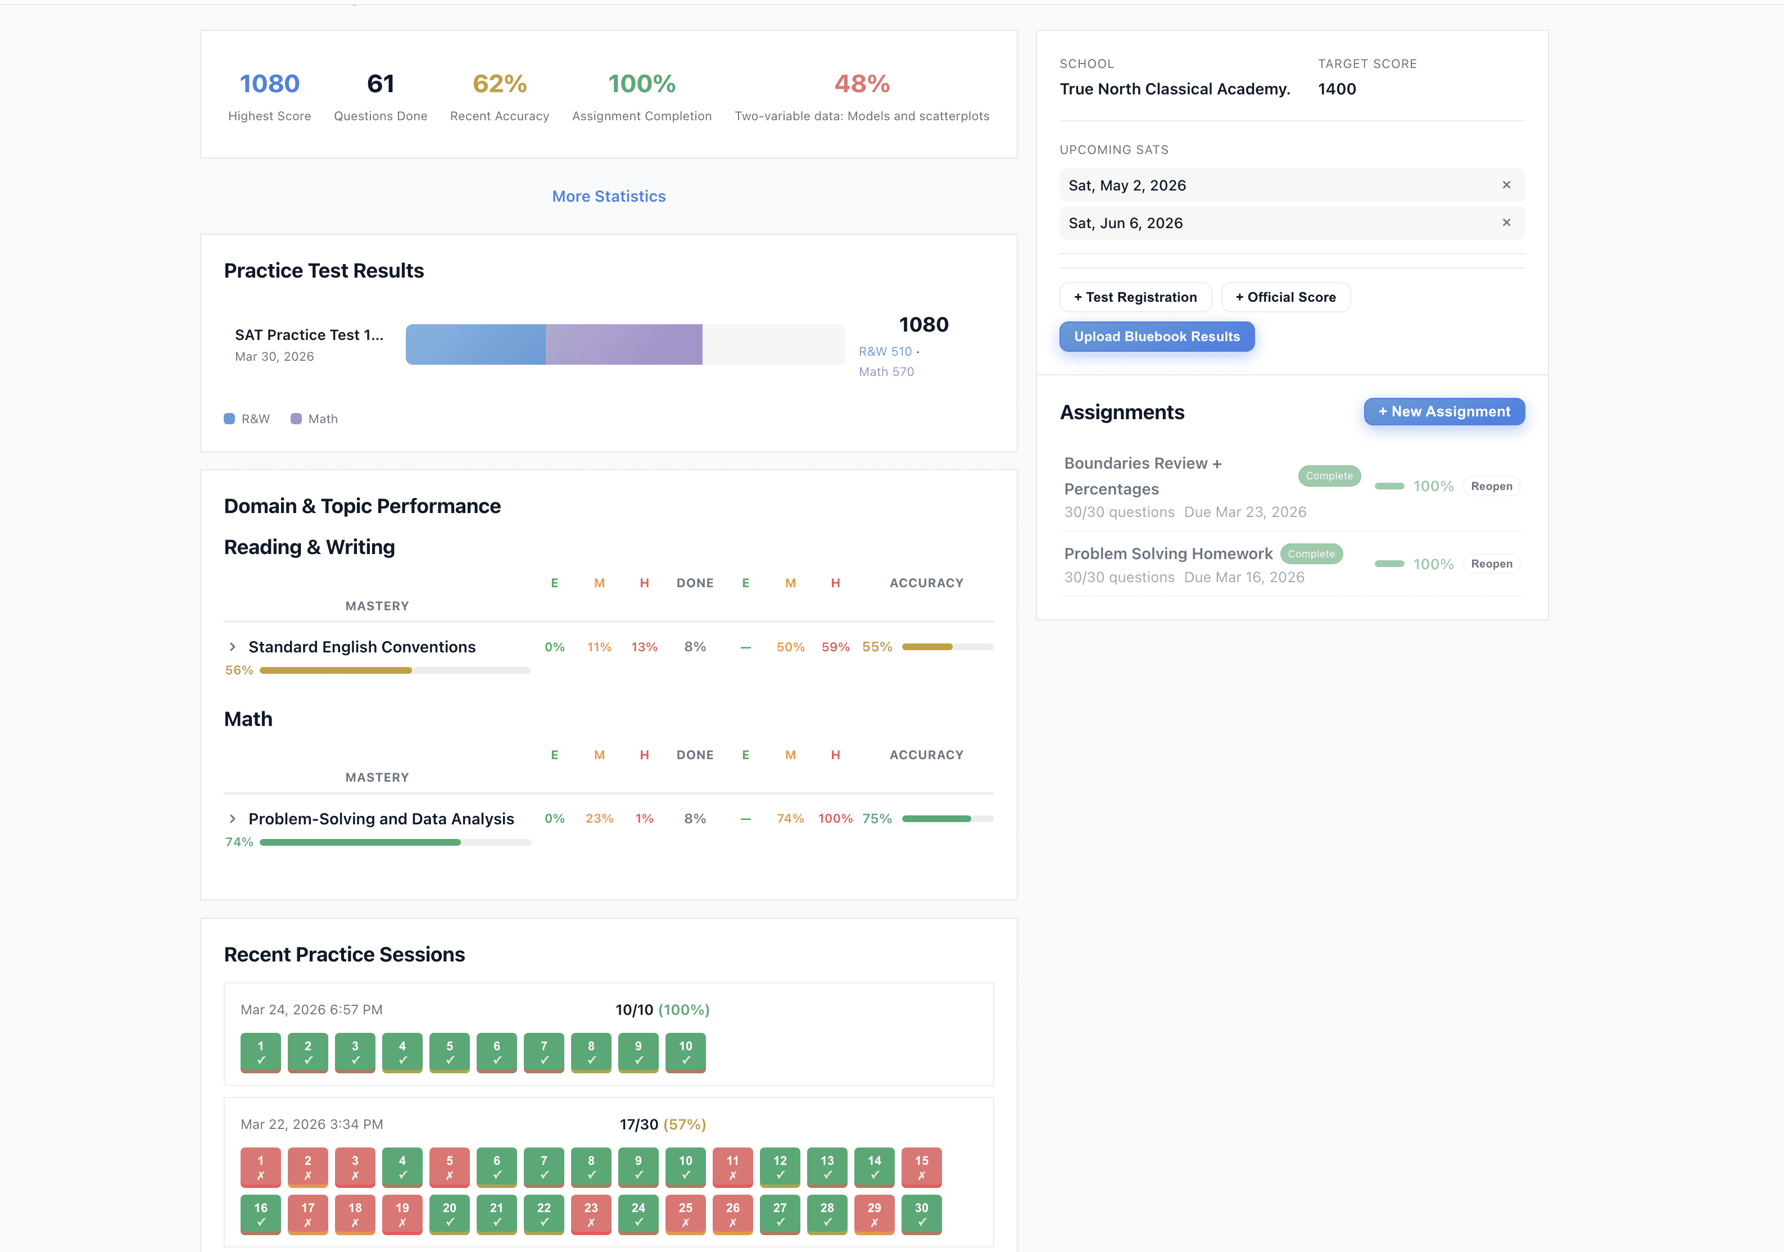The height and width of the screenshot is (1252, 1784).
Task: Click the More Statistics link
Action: pos(608,197)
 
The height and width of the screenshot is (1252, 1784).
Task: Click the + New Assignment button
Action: pos(1444,412)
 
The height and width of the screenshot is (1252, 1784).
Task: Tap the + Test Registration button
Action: pos(1135,297)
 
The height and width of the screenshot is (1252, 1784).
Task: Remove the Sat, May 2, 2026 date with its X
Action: pos(1506,185)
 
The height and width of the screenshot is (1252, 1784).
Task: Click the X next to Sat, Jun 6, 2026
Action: pos(1506,223)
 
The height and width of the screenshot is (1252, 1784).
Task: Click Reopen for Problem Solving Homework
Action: pos(1491,564)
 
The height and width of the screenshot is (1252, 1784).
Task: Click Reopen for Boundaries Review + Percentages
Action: pos(1491,486)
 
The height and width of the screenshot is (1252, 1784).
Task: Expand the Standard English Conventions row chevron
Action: pos(232,647)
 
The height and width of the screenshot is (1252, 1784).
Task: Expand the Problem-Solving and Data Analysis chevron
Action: pos(232,819)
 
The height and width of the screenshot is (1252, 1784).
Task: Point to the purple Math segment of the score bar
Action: pos(624,344)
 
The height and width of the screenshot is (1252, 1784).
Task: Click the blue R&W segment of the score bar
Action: pos(475,344)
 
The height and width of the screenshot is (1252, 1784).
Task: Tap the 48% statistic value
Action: pos(862,84)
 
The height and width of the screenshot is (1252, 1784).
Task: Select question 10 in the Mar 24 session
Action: pos(685,1053)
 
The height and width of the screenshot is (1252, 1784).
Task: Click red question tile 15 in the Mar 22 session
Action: pos(922,1167)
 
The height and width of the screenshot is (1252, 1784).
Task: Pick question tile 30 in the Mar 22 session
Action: pos(922,1214)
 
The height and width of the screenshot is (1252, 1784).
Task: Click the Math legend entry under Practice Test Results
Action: pos(315,419)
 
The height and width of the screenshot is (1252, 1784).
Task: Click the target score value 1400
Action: pos(1337,89)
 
